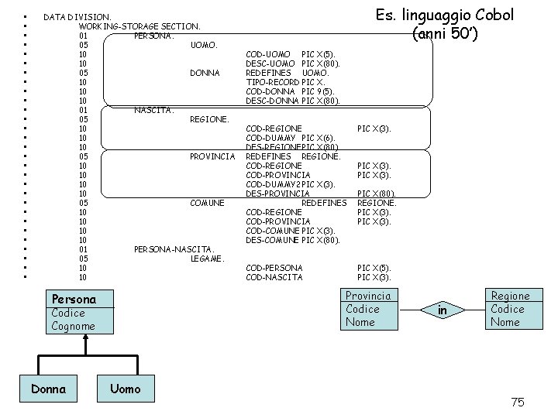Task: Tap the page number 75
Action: point(518,401)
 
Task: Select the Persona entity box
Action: point(74,312)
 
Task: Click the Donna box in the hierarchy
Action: point(48,389)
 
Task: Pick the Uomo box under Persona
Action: point(126,389)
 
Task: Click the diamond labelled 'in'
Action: point(443,310)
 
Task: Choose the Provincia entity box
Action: point(368,309)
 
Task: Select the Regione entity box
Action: point(510,309)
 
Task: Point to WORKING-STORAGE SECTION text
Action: point(139,26)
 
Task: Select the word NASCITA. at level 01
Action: point(152,110)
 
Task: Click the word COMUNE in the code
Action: point(208,203)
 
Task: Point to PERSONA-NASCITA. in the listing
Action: point(170,249)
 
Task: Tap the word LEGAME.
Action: point(207,259)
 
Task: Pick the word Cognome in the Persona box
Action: point(74,326)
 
